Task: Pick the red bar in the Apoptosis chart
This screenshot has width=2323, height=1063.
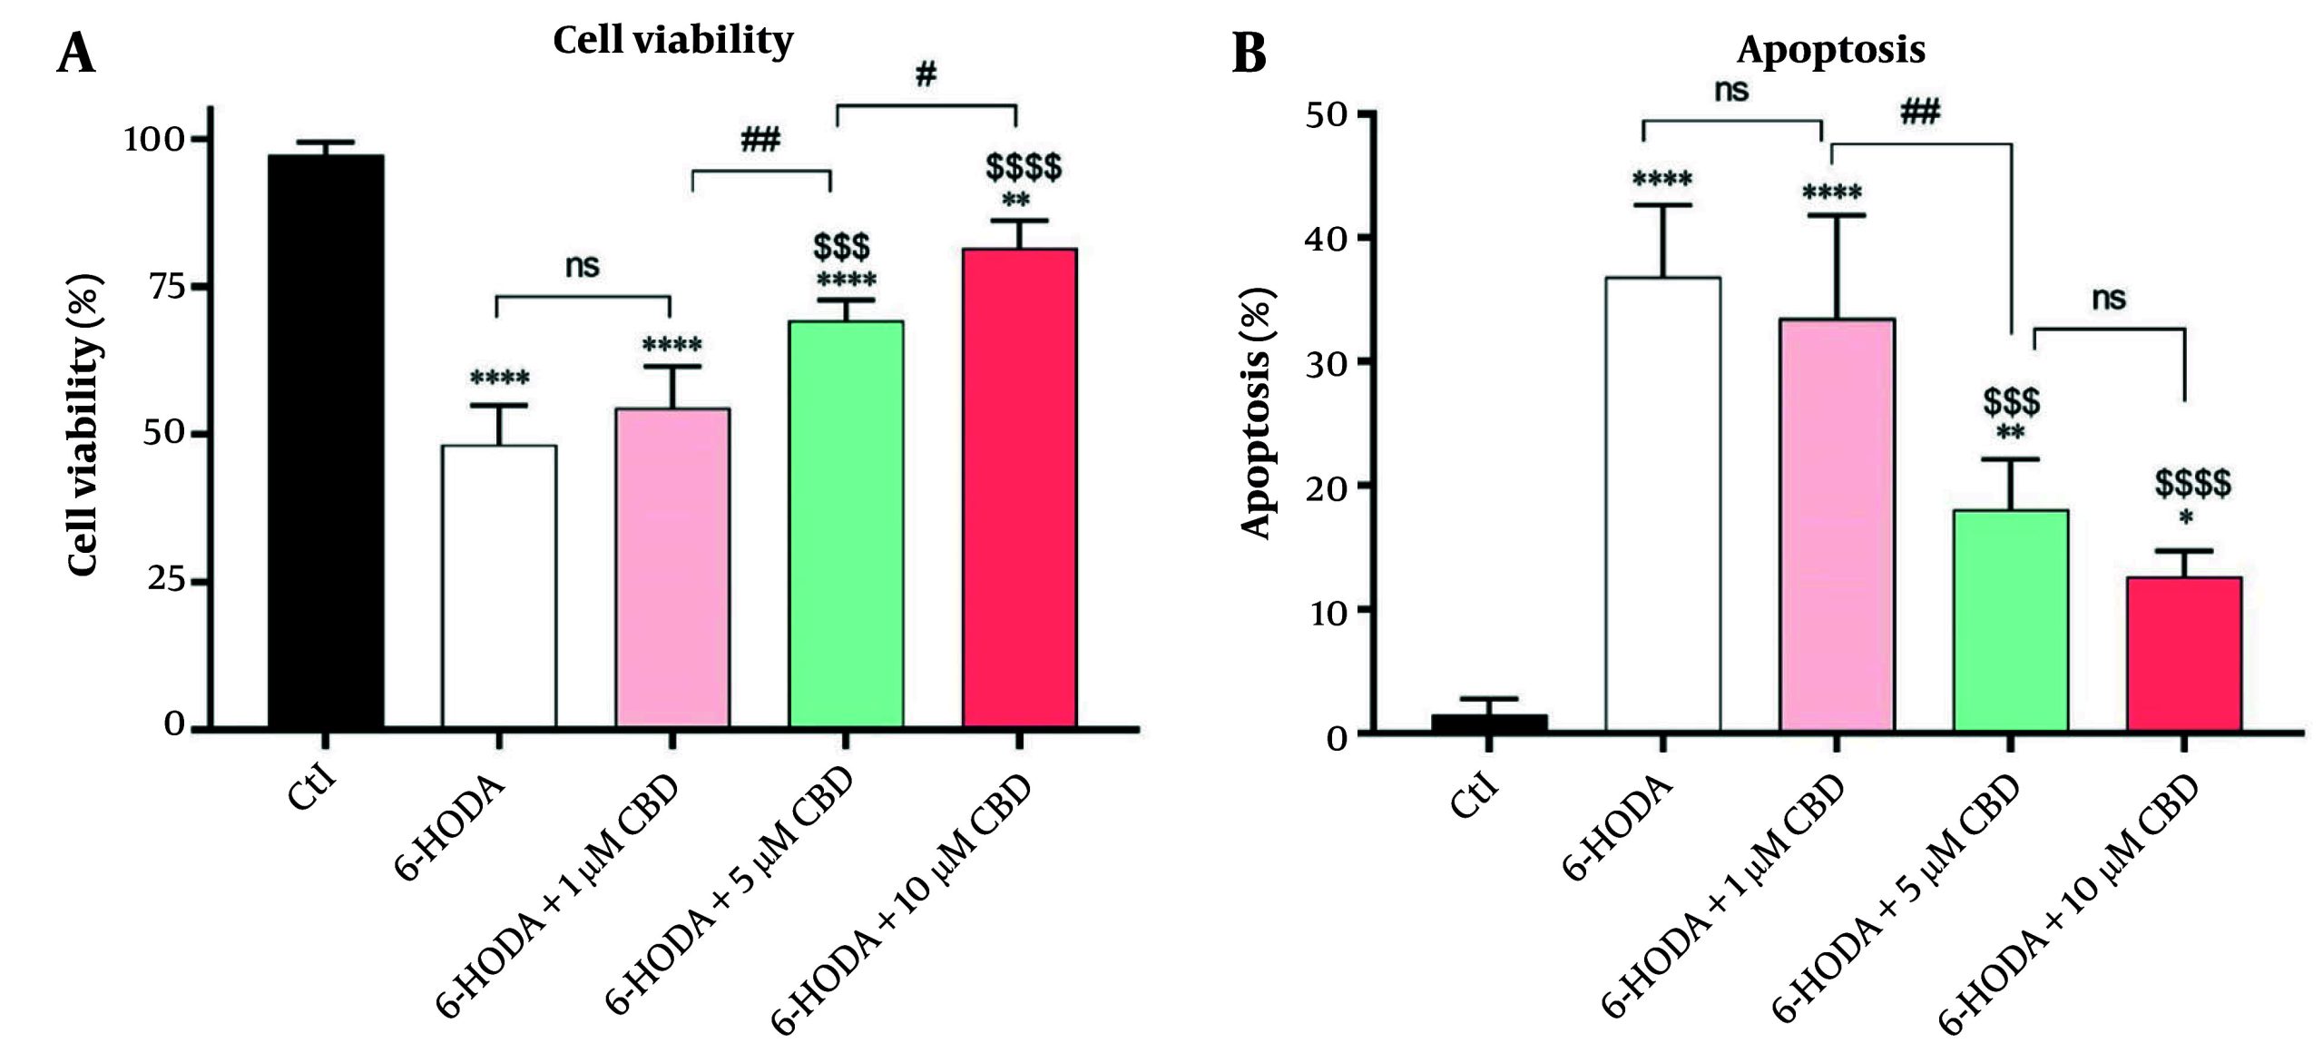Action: pos(2183,653)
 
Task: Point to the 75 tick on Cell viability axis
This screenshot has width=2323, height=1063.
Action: pos(166,287)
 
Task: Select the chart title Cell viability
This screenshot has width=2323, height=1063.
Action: pos(672,40)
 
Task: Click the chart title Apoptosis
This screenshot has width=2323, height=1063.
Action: pos(1830,49)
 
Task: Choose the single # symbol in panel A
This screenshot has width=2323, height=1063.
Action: pos(925,75)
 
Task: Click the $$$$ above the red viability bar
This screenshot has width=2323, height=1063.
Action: pos(1023,168)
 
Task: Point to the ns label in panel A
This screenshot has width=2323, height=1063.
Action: pos(582,266)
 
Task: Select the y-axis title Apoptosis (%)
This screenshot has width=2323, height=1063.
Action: pos(1256,413)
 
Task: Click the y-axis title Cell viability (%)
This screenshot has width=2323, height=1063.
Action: pos(83,424)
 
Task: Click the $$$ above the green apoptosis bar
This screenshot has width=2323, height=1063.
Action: pos(2011,400)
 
